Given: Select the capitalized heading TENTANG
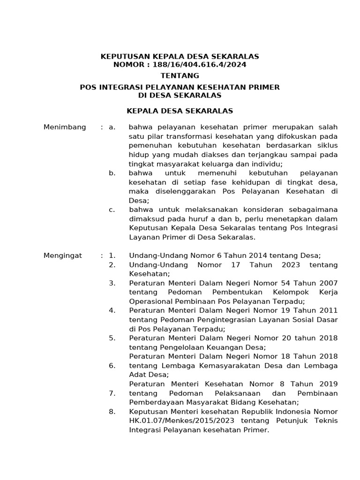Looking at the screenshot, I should [x=180, y=75].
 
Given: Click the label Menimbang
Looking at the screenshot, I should [x=65, y=127].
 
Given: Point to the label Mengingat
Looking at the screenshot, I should [x=63, y=255].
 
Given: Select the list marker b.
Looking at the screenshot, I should [x=112, y=173].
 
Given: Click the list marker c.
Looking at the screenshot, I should [x=112, y=210].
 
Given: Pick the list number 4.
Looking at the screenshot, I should [x=112, y=310].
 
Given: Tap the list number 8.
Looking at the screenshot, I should [x=112, y=411].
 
